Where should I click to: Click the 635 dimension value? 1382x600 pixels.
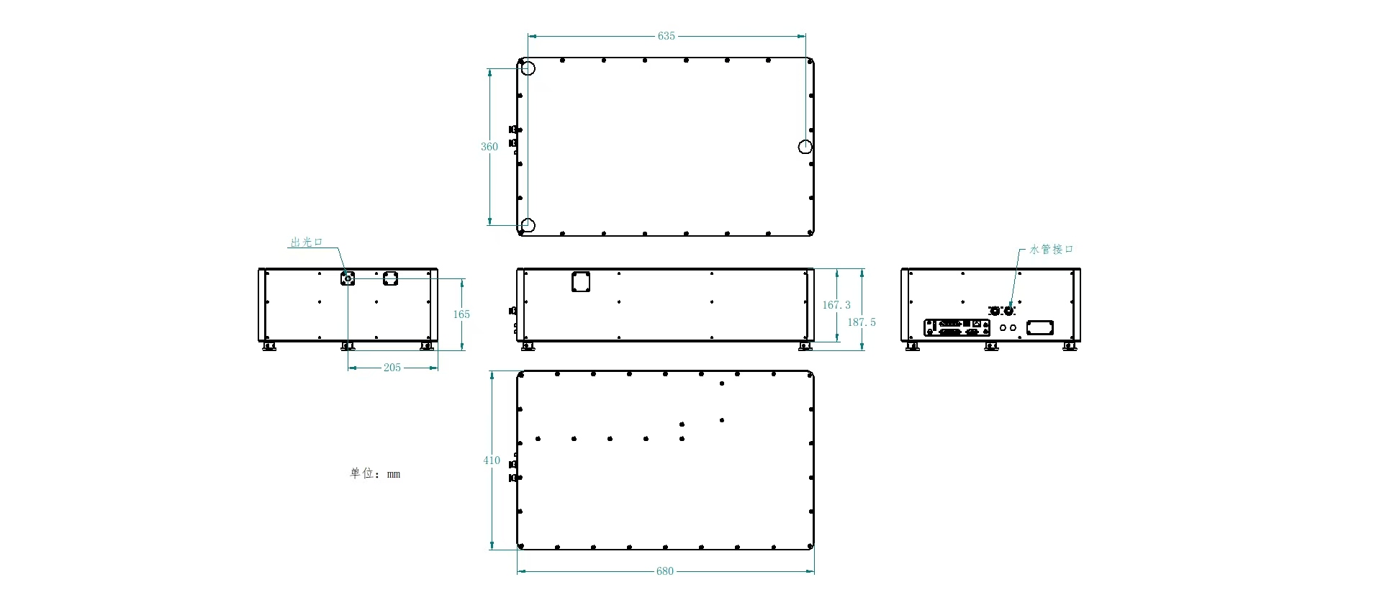pos(666,36)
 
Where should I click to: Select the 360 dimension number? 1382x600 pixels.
pos(489,147)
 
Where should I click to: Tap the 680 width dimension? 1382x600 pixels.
pos(664,571)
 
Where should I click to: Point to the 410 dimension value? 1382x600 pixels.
pos(492,460)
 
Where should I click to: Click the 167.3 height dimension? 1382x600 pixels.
pos(836,305)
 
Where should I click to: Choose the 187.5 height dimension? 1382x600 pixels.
pos(862,322)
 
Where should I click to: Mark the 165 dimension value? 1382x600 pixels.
pos(461,314)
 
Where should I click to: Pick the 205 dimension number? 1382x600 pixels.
pos(392,368)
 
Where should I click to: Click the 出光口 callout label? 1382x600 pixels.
pos(307,242)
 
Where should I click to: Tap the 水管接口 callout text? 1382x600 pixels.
pos(1052,250)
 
